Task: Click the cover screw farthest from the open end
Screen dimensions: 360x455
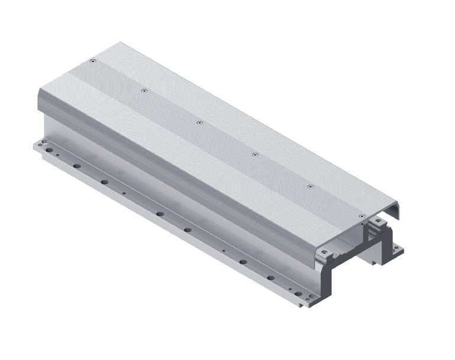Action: pos(93,61)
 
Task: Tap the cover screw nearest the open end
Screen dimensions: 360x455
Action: pos(362,217)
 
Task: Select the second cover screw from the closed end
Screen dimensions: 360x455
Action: pos(144,91)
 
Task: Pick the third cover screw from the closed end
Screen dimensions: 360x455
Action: pos(199,122)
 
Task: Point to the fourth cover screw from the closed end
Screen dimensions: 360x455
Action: pos(254,154)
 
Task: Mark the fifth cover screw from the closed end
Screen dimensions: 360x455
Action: pos(310,186)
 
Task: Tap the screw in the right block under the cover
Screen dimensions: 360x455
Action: pos(375,223)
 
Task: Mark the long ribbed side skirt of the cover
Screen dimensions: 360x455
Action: pos(178,177)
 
